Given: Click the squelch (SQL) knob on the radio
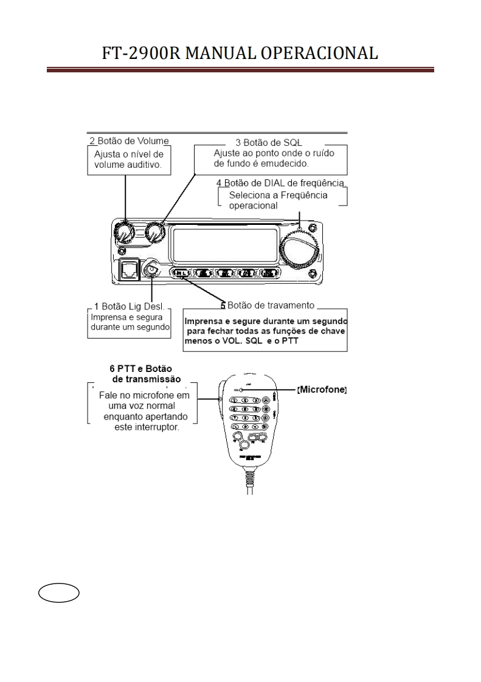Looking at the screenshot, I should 154,232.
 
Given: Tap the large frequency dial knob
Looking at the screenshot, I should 299,247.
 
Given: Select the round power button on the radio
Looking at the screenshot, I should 150,267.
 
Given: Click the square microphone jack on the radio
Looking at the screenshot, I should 128,268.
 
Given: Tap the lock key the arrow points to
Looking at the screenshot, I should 181,274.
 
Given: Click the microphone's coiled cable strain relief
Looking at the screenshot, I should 249,478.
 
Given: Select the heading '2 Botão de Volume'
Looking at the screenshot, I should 128,141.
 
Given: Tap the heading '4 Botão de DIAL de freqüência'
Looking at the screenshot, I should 280,183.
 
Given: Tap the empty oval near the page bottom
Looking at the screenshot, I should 59,593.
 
